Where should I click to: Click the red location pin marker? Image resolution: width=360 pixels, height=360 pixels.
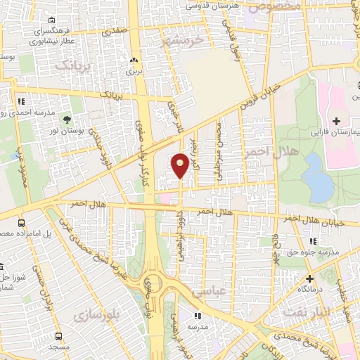click(181, 165)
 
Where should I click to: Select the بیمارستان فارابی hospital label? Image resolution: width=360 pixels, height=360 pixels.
click(334, 132)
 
